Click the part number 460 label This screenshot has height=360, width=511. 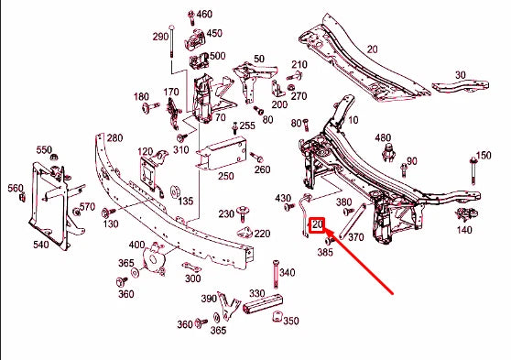click(x=204, y=15)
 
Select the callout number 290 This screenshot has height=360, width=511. click(x=160, y=37)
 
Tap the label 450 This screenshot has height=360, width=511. click(x=214, y=34)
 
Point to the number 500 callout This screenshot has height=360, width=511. click(x=217, y=56)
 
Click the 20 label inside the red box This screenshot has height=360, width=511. click(x=319, y=224)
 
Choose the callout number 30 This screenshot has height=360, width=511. click(x=460, y=75)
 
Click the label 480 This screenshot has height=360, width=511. click(x=383, y=138)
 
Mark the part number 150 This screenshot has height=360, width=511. click(x=483, y=156)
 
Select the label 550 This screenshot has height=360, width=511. click(x=44, y=149)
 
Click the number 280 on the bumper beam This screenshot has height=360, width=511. click(x=114, y=137)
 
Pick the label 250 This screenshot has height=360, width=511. click(x=225, y=176)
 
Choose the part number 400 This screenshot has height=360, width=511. click(x=136, y=245)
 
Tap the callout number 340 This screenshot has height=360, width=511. click(x=287, y=272)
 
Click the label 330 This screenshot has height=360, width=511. click(x=256, y=294)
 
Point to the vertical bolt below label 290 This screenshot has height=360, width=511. click(x=171, y=57)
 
